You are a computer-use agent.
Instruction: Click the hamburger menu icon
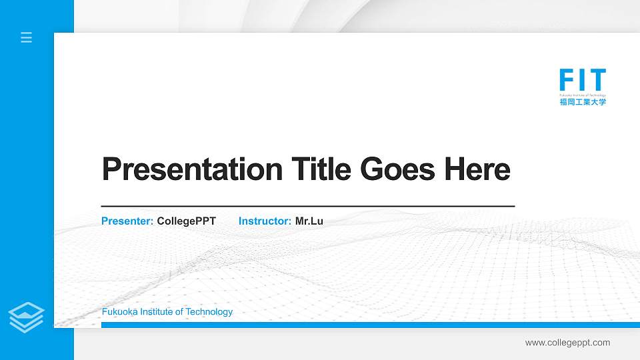click(27, 37)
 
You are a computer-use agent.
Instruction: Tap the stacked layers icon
click(27, 317)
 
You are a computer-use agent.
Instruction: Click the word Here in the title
click(477, 169)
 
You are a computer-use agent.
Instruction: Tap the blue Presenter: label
click(127, 221)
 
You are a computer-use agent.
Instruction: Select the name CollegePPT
click(186, 221)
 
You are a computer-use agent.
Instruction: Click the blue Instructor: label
click(265, 221)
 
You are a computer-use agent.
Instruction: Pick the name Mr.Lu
click(309, 221)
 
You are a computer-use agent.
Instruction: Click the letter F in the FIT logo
click(567, 80)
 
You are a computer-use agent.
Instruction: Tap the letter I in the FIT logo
click(581, 80)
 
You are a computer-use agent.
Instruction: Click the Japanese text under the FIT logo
click(583, 102)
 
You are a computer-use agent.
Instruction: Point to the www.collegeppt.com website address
click(567, 343)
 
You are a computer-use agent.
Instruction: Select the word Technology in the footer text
click(209, 312)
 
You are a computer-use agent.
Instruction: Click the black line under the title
click(307, 206)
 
